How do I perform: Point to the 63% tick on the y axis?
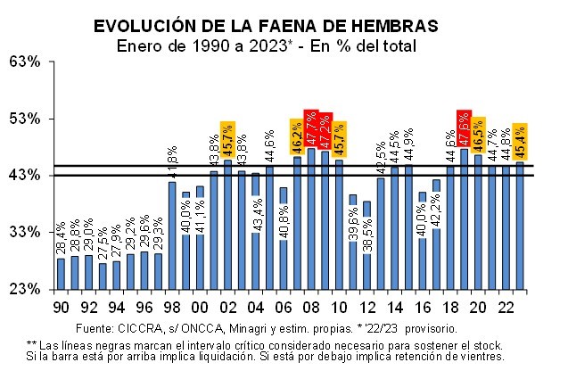26,62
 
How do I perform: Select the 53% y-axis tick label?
26,119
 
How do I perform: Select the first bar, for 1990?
61,273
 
